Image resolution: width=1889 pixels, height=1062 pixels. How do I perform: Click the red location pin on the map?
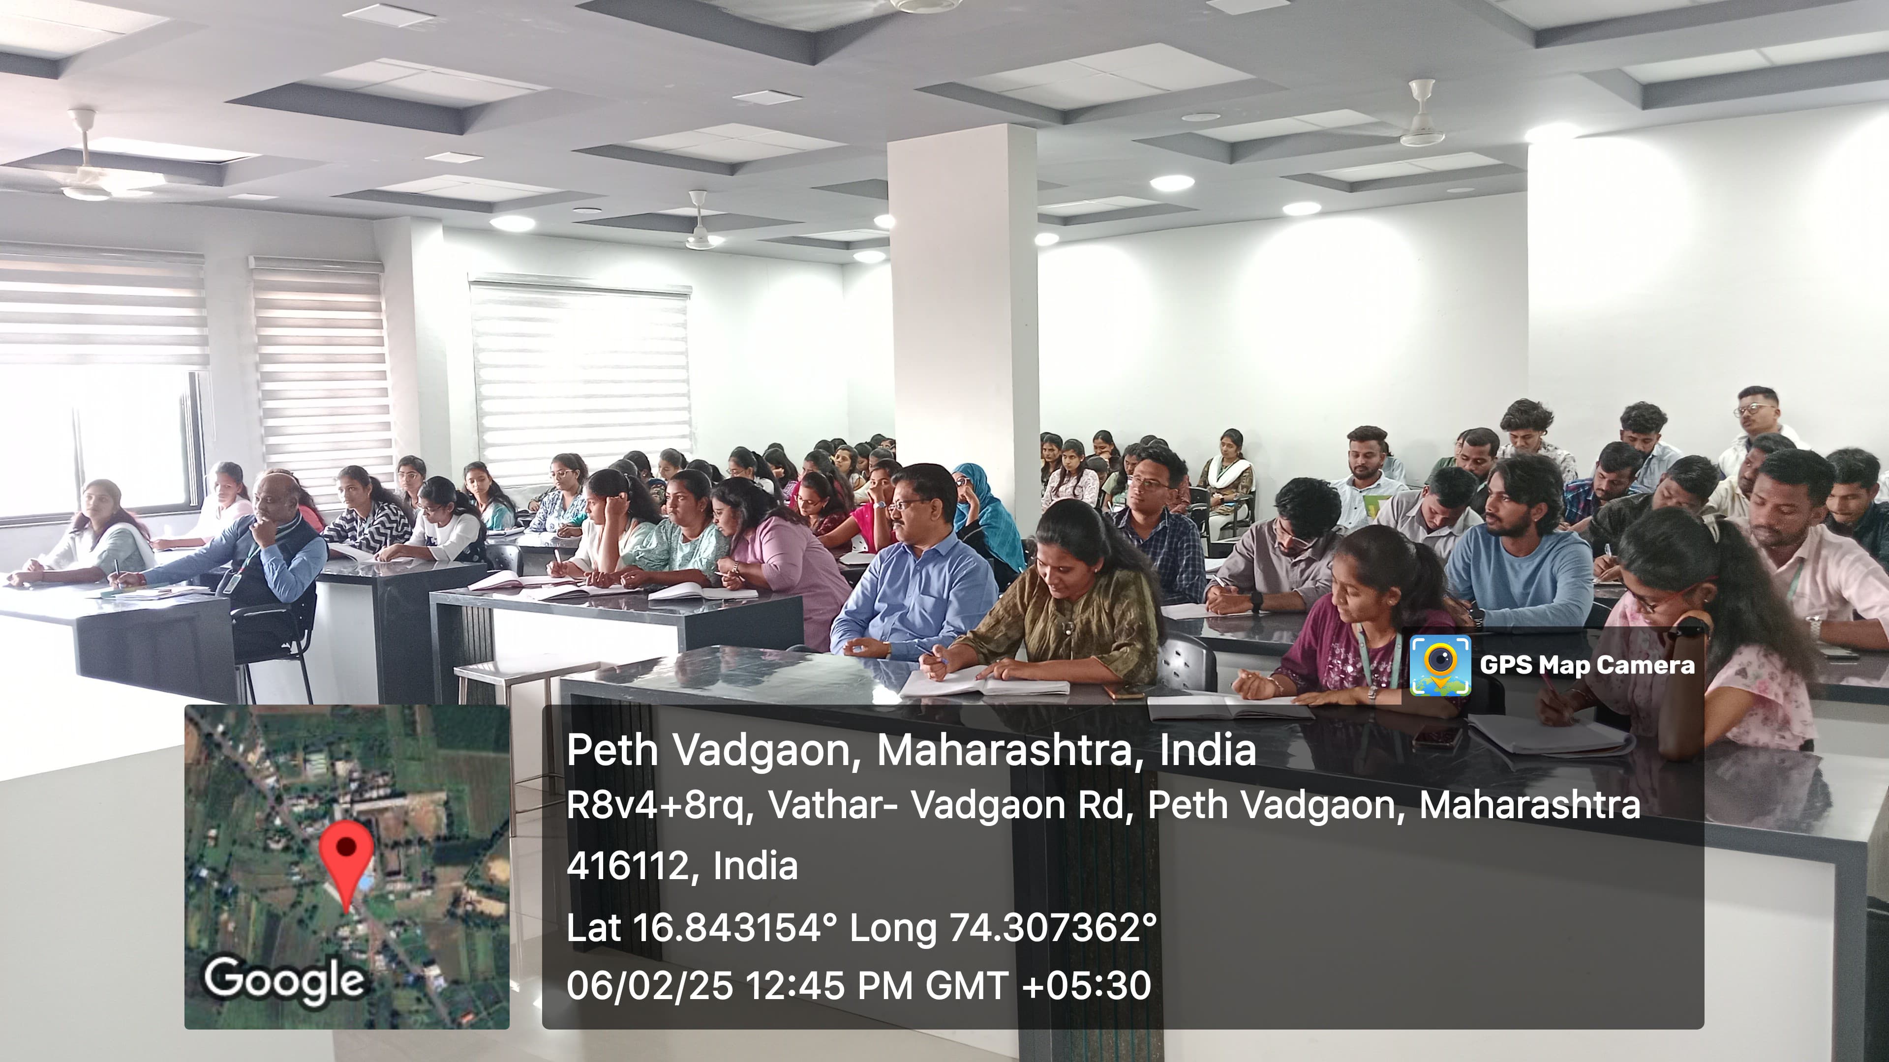pos(346,857)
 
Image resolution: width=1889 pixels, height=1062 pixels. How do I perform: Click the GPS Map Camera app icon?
pos(1439,665)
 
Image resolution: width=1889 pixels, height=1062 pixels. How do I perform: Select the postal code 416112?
pos(627,865)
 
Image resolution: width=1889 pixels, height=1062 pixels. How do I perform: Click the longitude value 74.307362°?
pos(1053,927)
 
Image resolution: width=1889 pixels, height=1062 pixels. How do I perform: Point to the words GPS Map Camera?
pos(1587,665)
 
